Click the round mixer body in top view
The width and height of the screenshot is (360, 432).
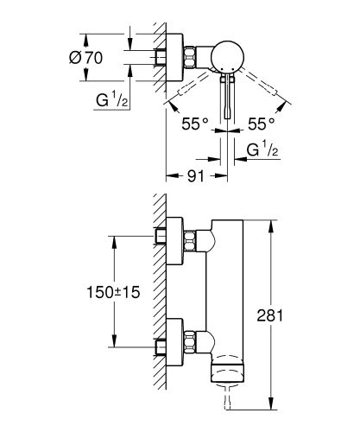point(231,56)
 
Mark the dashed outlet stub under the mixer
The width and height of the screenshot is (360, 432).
point(228,397)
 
